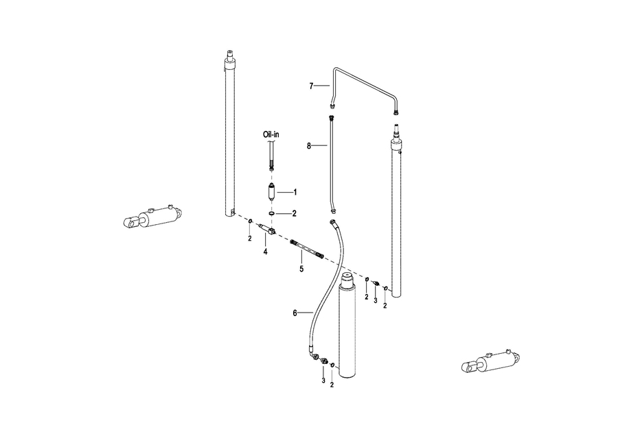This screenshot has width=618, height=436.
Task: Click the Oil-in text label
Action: click(271, 135)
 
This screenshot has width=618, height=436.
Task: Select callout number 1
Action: click(295, 192)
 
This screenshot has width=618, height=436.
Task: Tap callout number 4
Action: click(265, 252)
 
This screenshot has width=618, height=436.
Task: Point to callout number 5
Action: click(301, 269)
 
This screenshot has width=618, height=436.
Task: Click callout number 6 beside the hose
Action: click(295, 313)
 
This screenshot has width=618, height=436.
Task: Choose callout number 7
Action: click(311, 86)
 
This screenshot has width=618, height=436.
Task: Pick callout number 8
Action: click(309, 145)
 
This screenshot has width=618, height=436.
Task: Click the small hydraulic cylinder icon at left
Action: click(151, 218)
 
